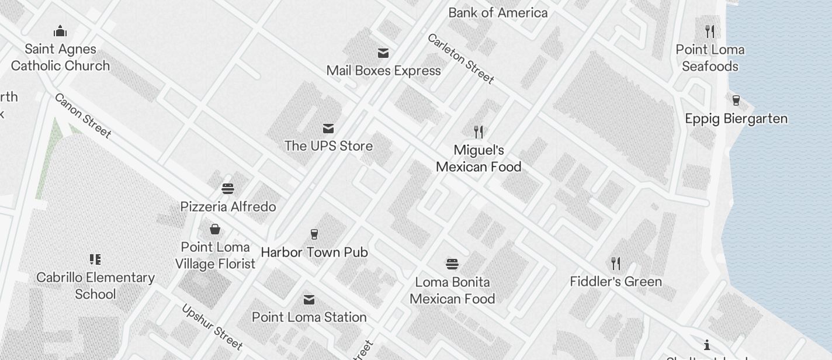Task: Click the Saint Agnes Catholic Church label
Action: (60, 57)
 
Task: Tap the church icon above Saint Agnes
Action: (60, 31)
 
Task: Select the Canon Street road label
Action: (82, 116)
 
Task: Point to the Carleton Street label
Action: (461, 58)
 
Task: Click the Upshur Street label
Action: (212, 327)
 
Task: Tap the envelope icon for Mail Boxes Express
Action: (383, 53)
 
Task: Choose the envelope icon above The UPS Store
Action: (328, 129)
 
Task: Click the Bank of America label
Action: (498, 12)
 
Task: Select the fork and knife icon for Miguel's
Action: (479, 131)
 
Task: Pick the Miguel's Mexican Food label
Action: (479, 158)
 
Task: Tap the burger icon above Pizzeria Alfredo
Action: (228, 189)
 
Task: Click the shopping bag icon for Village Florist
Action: (215, 229)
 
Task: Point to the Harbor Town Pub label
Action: (314, 252)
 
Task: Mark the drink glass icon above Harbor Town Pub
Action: (314, 234)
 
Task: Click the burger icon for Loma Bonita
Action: (452, 264)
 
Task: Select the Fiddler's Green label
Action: (616, 281)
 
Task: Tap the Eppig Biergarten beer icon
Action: (736, 100)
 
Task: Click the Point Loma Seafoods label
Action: (710, 58)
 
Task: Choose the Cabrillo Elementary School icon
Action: (95, 259)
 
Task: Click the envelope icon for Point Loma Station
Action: (309, 300)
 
